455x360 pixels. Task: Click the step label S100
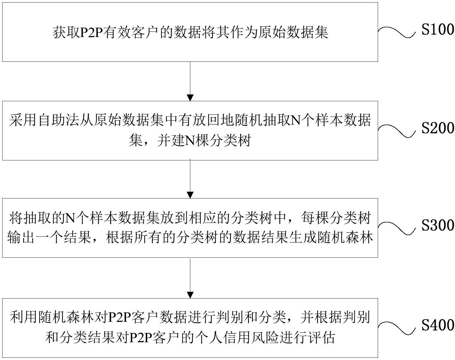coord(438,30)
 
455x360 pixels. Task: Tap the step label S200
coord(438,128)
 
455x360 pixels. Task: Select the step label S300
coord(438,226)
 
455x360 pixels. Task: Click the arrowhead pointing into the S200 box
coord(190,98)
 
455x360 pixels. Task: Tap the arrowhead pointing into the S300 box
coord(190,195)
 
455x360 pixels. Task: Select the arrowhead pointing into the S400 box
coord(190,295)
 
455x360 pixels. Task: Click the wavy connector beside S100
coord(396,32)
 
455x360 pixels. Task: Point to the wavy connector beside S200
coord(396,131)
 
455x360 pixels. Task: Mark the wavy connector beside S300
coord(396,228)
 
